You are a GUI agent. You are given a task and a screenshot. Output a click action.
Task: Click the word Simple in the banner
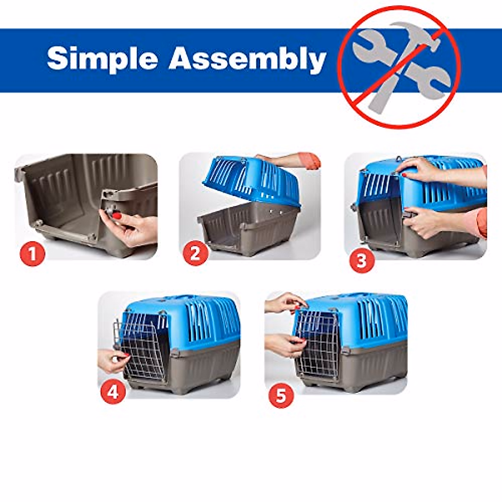tap(102, 58)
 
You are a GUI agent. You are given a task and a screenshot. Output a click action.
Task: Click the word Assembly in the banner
tap(247, 59)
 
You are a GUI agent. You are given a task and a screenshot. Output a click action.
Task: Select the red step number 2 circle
tap(195, 254)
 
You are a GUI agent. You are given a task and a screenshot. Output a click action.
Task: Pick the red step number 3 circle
tap(361, 261)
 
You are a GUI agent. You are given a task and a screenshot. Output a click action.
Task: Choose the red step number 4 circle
tap(114, 392)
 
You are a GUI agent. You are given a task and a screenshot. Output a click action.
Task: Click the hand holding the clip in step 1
tap(134, 230)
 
